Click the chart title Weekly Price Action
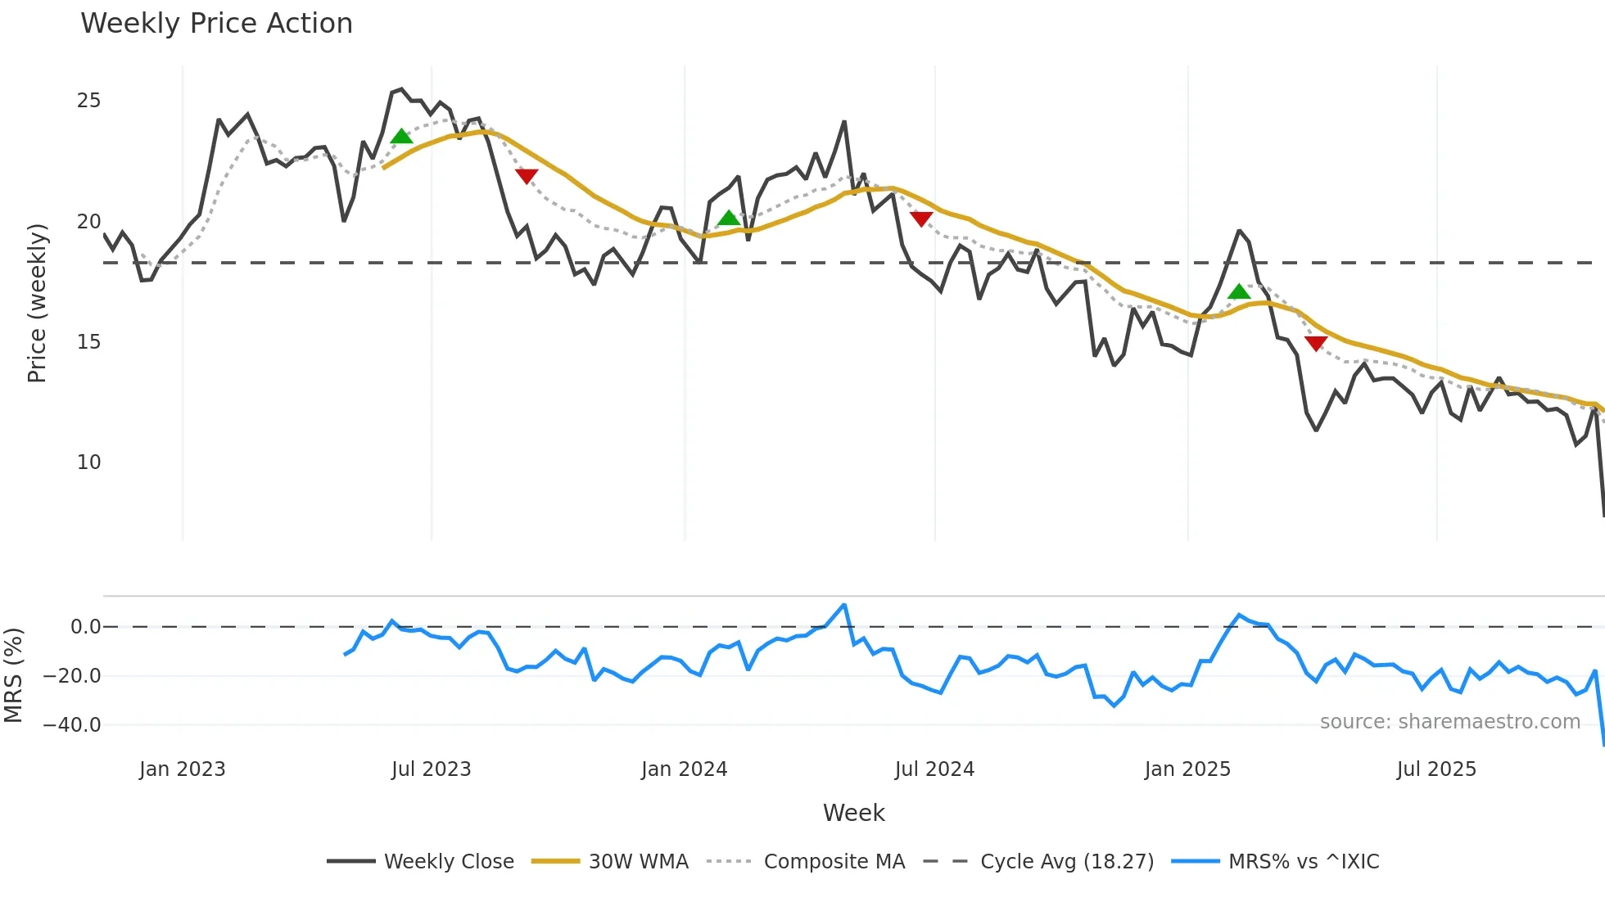click(x=216, y=24)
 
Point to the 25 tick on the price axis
click(x=88, y=101)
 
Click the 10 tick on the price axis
click(x=88, y=462)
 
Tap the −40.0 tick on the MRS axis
click(x=72, y=725)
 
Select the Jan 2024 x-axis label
click(x=684, y=769)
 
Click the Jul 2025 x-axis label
click(x=1436, y=769)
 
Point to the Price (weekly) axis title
click(x=37, y=303)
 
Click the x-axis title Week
click(x=853, y=813)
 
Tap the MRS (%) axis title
click(x=13, y=675)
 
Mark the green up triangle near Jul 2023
click(x=401, y=137)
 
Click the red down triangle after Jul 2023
click(x=527, y=175)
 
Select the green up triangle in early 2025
click(x=1239, y=291)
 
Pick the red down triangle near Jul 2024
click(x=921, y=219)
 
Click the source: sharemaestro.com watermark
click(x=1449, y=722)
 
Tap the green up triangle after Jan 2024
click(x=729, y=218)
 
